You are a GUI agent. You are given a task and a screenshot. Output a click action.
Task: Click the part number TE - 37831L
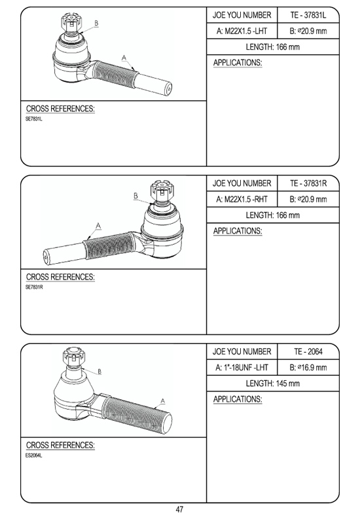[x=308, y=15]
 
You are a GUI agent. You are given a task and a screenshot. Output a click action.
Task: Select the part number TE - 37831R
[x=308, y=183]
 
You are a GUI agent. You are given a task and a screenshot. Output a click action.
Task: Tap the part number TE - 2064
[x=308, y=351]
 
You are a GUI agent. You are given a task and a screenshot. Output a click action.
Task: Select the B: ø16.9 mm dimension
[x=308, y=368]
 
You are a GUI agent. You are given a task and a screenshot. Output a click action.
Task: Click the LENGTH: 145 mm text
[x=273, y=383]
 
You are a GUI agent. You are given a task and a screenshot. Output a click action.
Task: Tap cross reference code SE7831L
[x=34, y=119]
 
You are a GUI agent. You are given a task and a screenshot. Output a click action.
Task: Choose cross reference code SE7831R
[x=34, y=287]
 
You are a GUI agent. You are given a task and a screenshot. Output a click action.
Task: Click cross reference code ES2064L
[x=34, y=455]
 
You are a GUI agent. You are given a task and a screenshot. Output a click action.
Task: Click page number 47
[x=179, y=509]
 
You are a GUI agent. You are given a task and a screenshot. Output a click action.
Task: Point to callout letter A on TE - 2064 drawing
[x=163, y=401]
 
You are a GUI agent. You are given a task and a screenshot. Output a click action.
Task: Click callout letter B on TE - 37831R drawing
[x=136, y=196]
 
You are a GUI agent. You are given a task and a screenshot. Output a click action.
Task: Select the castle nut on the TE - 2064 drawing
[x=74, y=357]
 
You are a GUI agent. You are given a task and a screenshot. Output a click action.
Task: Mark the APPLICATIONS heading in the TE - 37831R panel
[x=238, y=231]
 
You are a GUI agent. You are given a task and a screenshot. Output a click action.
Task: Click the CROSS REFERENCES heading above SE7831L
[x=60, y=109]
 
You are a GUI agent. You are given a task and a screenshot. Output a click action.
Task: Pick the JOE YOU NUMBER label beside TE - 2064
[x=242, y=351]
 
